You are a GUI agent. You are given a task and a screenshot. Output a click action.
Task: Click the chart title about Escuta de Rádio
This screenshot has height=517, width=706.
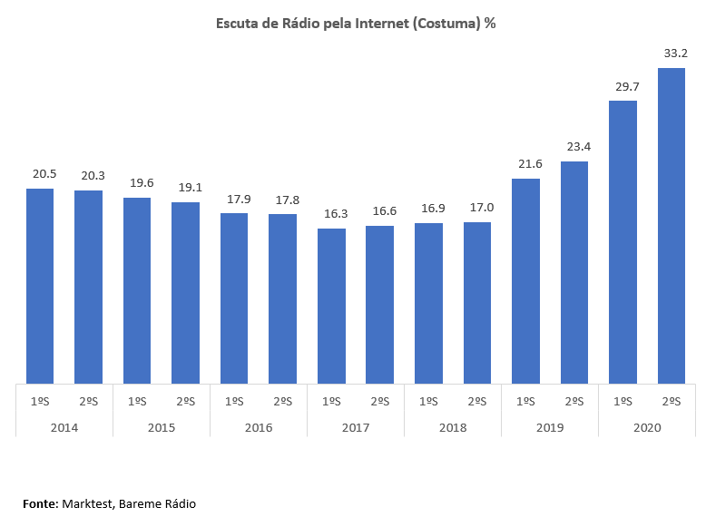coord(356,24)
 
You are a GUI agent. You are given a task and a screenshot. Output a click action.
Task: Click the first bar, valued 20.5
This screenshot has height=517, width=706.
coord(40,286)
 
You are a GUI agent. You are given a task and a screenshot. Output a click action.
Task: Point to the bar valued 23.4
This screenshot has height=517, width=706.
coord(574,272)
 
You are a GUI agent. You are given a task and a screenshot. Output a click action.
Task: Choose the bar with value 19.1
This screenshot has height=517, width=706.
coord(185,292)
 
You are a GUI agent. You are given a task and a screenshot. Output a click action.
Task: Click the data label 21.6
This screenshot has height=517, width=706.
coord(525,163)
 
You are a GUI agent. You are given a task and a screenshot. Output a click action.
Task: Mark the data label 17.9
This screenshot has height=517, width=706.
coord(234,199)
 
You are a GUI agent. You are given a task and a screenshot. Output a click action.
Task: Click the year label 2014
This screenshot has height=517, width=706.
coord(64,426)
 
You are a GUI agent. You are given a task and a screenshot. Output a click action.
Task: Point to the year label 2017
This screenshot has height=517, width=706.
coord(355,426)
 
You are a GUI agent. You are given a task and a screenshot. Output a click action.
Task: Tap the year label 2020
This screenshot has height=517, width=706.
coord(646,426)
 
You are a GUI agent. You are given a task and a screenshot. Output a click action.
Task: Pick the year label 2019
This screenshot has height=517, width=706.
coord(549,426)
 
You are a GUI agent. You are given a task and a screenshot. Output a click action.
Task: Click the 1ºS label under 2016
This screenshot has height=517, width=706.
coord(234,401)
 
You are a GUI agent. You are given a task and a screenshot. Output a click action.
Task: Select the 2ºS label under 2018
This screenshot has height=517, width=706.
coord(476,401)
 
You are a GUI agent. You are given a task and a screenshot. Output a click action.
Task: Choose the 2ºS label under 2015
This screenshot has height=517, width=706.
coord(185,401)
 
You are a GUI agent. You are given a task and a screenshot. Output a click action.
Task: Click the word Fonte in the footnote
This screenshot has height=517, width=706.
coord(40,503)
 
